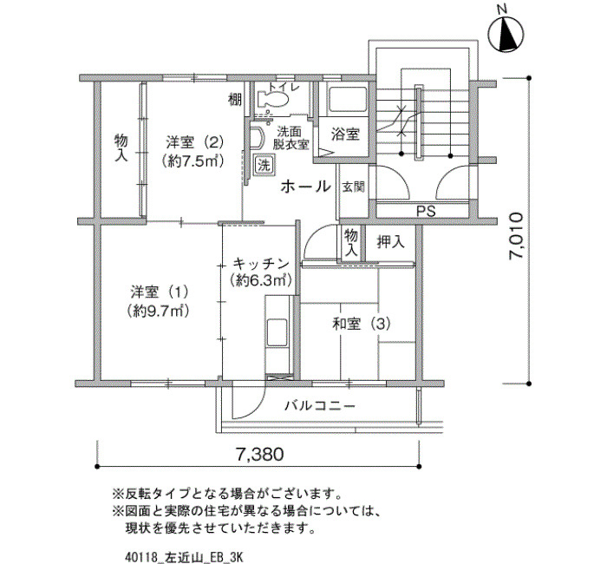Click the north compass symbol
coord(506,33)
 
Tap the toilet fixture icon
coord(273,99)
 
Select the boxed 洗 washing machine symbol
coord(264,166)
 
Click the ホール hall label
coord(306,187)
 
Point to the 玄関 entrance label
coord(354,187)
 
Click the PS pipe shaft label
coord(426,211)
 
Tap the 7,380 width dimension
coord(260,455)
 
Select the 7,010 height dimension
coord(517,236)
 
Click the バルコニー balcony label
coord(320,406)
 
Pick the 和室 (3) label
coord(362,324)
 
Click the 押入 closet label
coord(390,242)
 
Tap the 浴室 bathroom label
coord(345,134)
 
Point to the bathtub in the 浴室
coord(347,101)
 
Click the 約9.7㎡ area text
coord(159,311)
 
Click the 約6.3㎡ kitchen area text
coord(261,279)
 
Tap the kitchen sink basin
coord(277,332)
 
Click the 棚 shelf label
coord(235,100)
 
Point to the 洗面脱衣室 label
coord(290,138)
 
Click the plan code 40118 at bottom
coord(142,557)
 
